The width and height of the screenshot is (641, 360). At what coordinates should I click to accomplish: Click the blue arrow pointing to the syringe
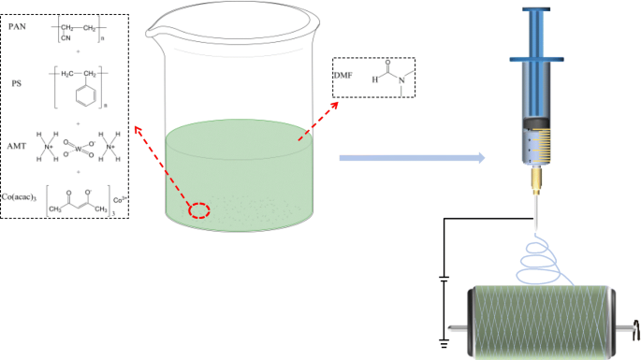(x=412, y=159)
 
